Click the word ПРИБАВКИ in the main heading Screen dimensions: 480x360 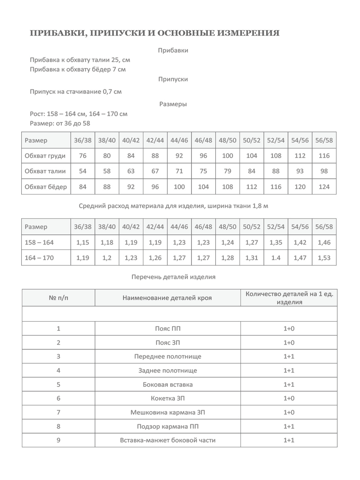[x=57, y=33]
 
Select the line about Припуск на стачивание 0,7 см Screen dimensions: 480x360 [x=76, y=91]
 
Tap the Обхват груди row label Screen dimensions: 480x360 [x=45, y=156]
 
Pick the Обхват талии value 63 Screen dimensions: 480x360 [x=131, y=171]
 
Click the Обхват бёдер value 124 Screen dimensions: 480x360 [x=324, y=187]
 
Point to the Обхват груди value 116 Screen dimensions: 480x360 [x=324, y=156]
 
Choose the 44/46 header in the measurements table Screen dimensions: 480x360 [x=179, y=140]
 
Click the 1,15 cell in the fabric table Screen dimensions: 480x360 [x=83, y=242]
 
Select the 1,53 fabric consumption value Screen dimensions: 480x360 [x=324, y=258]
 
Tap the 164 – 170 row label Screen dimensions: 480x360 [x=39, y=258]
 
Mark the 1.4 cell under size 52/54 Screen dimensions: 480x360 [x=276, y=258]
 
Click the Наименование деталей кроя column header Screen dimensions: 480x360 [x=167, y=298]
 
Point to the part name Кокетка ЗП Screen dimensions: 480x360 [x=168, y=398]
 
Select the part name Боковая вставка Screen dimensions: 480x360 [x=168, y=384]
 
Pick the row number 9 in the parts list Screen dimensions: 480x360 [x=58, y=440]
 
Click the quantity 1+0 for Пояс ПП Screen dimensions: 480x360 [x=289, y=328]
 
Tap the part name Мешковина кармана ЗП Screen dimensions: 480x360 [x=168, y=412]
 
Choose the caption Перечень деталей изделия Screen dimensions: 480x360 [x=173, y=277]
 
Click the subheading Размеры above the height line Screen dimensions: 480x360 [x=173, y=104]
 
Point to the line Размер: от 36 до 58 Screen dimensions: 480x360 [x=60, y=123]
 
